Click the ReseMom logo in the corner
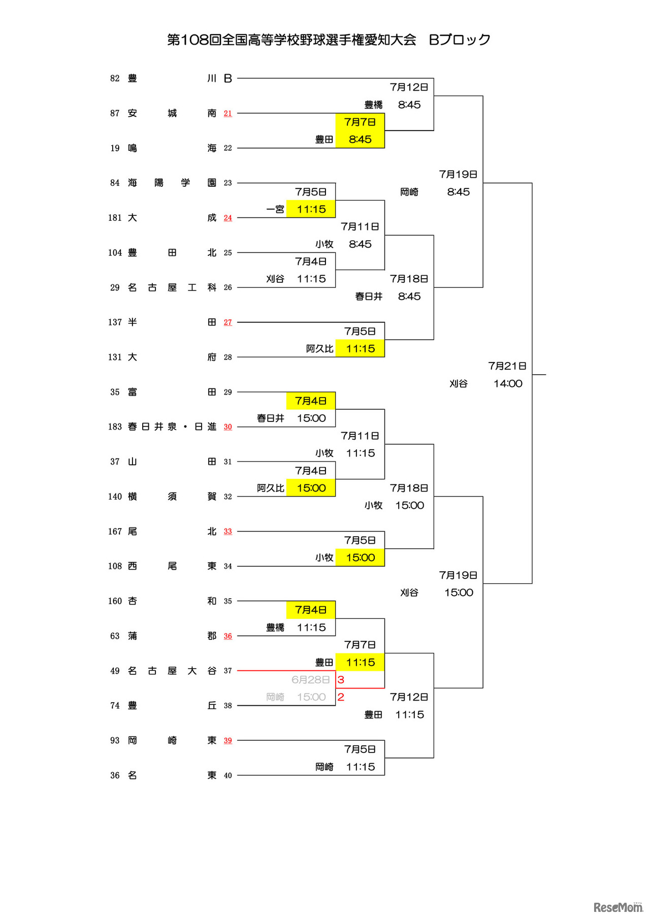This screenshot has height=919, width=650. tap(618, 907)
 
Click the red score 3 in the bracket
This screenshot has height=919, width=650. tap(341, 680)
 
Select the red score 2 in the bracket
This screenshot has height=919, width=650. tap(341, 697)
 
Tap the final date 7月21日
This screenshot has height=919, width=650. tap(507, 366)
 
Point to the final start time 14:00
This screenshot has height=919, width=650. tap(508, 384)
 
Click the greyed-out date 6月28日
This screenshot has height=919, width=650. tap(311, 680)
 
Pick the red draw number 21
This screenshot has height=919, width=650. tap(227, 113)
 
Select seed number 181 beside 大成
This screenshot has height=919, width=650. tap(115, 218)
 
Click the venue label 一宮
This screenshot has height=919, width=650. tap(275, 209)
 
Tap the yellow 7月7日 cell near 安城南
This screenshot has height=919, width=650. tap(360, 122)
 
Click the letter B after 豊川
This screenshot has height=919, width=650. tap(228, 78)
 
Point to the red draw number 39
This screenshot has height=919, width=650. tap(227, 740)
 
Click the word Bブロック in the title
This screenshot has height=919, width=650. tap(460, 40)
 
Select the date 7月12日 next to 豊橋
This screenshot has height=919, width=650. tap(409, 87)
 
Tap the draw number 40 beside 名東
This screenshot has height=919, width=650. tap(227, 775)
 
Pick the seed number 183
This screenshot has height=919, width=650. tap(115, 426)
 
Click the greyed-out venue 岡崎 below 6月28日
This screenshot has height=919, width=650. tap(275, 697)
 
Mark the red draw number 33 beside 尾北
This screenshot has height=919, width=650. tap(227, 531)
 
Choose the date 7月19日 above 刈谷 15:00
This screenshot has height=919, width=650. tap(458, 575)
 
